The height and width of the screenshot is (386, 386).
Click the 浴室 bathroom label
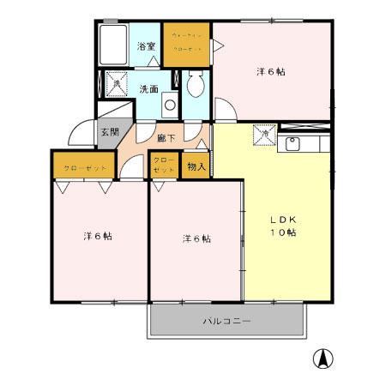147,46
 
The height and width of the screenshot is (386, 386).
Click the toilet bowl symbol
194,85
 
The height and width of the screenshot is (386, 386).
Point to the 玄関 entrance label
109,132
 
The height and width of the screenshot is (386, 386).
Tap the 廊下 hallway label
167,137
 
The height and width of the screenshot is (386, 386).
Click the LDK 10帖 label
284,226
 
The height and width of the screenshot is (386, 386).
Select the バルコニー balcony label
226,322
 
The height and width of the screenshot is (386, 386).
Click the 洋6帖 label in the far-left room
97,235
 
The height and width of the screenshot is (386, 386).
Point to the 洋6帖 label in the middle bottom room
196,238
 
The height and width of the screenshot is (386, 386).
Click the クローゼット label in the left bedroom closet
84,167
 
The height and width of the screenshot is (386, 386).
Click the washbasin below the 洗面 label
169,107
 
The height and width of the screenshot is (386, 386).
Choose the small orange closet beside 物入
163,166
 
